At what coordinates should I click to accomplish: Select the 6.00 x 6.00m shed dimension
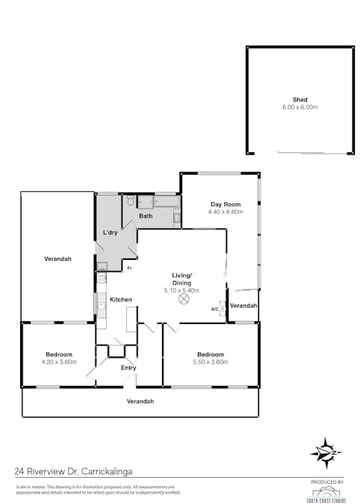coord(300,107)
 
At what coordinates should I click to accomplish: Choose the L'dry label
coord(111,234)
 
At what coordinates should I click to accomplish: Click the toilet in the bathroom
coord(130,201)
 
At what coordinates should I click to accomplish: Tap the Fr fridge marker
coord(128,267)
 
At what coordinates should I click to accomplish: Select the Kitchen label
coord(121,299)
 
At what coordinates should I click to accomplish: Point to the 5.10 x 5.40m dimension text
coord(181,290)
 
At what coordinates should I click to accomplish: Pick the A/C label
coord(214,309)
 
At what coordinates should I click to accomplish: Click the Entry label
coord(128,367)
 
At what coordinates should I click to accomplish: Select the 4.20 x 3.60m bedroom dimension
coord(58,362)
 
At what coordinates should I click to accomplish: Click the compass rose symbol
coord(326,452)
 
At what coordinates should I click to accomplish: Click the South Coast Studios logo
coord(326,491)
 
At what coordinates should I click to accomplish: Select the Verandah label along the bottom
coord(140,401)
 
